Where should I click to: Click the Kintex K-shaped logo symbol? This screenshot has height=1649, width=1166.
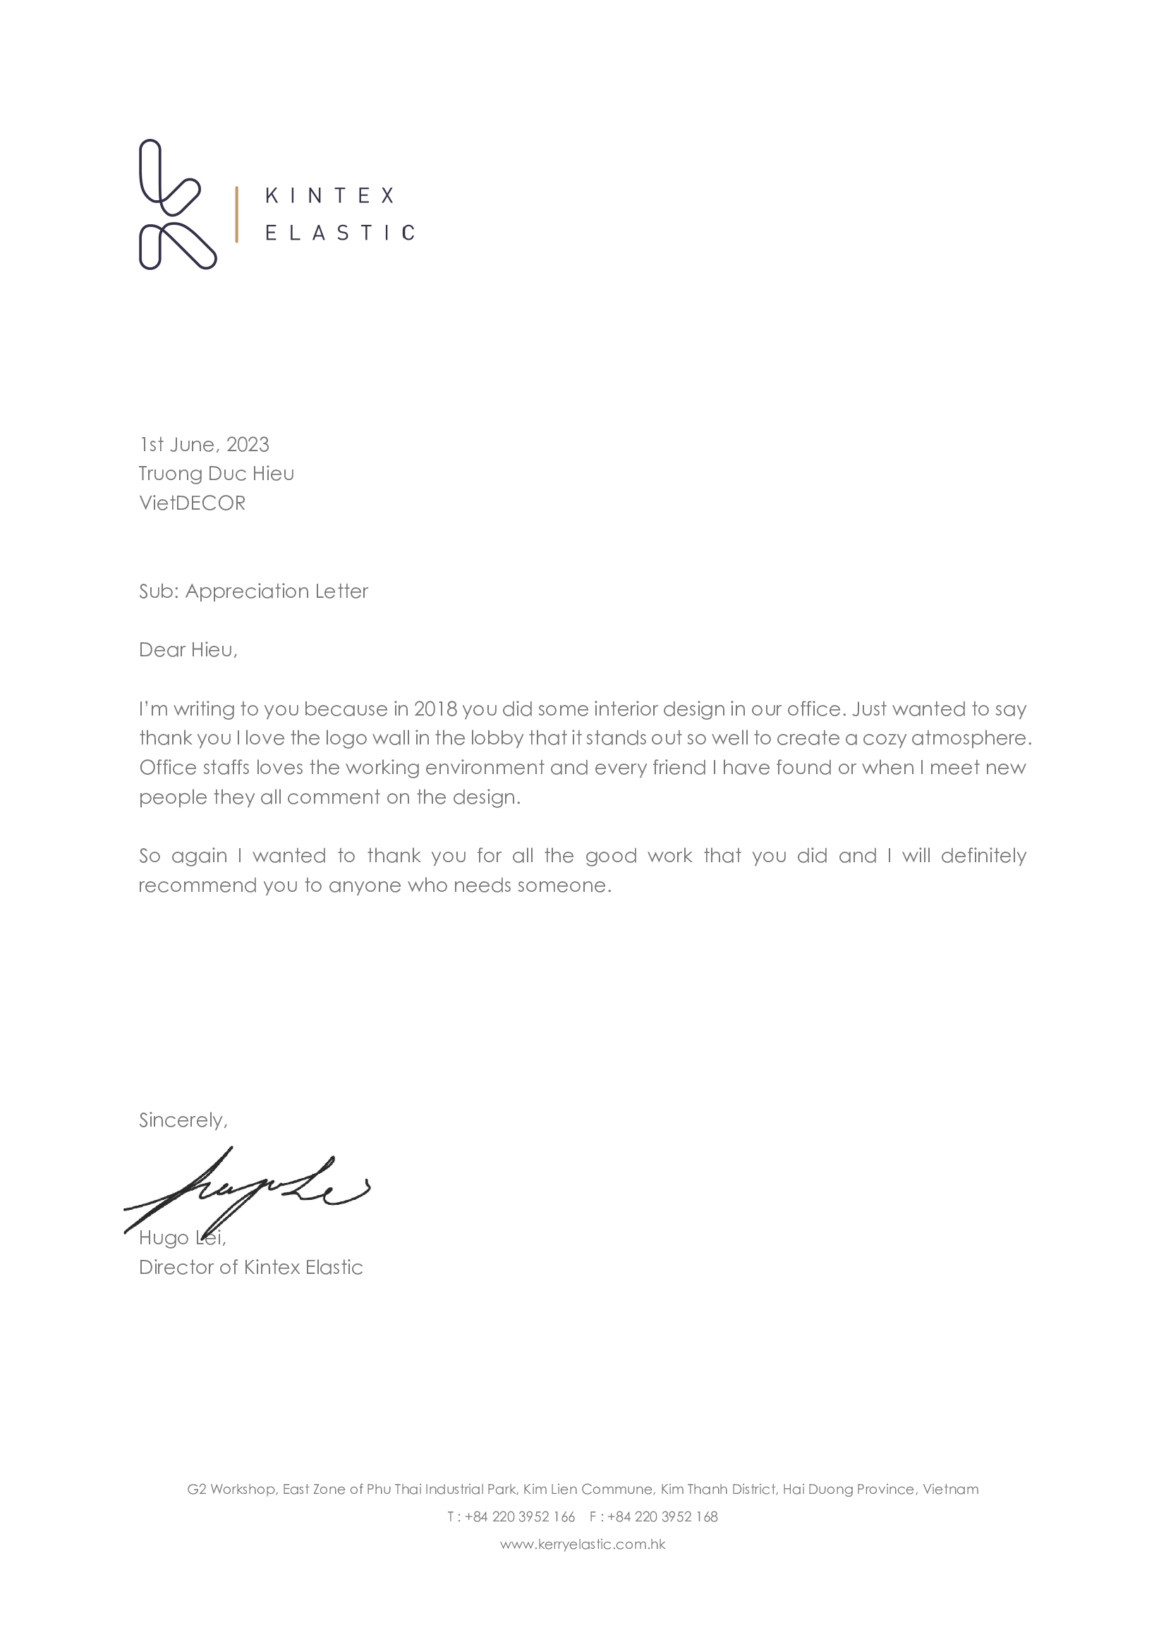coord(177,204)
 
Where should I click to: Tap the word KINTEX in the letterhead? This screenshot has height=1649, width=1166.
coord(329,195)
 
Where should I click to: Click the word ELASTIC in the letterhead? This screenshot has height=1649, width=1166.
coord(339,233)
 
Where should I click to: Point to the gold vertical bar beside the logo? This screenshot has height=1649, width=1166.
coord(236,214)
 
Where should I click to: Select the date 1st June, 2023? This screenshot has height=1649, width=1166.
coord(204,445)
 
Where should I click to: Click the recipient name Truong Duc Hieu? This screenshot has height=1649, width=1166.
coord(217,473)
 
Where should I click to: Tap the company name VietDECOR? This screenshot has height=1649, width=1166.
coord(192,503)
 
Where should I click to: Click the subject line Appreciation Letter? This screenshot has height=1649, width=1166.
coord(276,591)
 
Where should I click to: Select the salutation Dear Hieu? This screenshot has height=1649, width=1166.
coord(188,650)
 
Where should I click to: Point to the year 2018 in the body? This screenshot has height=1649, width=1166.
coord(435,709)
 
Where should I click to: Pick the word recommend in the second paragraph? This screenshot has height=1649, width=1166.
coord(197,885)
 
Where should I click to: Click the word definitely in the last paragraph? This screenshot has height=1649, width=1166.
coord(983,855)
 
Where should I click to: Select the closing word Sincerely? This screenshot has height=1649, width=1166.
coord(183,1120)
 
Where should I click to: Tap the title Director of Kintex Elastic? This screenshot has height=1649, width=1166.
coord(250,1267)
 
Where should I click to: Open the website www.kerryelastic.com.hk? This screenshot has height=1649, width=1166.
coord(583,1544)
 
